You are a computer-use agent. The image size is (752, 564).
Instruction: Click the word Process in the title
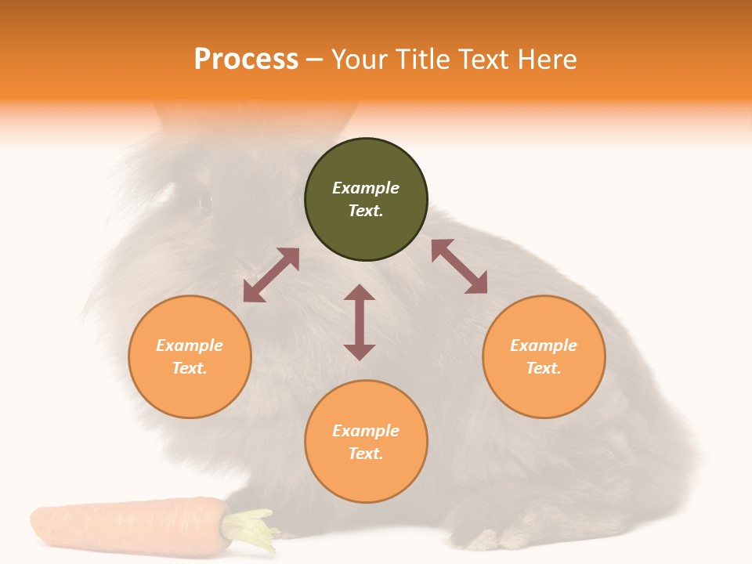[246, 60]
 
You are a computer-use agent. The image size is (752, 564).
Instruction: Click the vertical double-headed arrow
[360, 322]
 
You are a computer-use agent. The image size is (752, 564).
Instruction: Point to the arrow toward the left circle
[271, 275]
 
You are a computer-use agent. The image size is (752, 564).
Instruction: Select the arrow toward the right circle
[459, 266]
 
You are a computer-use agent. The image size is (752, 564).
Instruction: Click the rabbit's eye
[205, 203]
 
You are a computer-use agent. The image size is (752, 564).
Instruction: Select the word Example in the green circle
[366, 188]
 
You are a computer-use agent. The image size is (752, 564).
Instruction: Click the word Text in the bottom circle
[366, 454]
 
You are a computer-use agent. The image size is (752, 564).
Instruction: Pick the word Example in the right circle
[544, 345]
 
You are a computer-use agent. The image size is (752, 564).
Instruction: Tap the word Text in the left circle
[190, 368]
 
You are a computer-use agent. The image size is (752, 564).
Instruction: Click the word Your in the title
[361, 60]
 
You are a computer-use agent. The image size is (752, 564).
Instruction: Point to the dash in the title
[314, 60]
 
